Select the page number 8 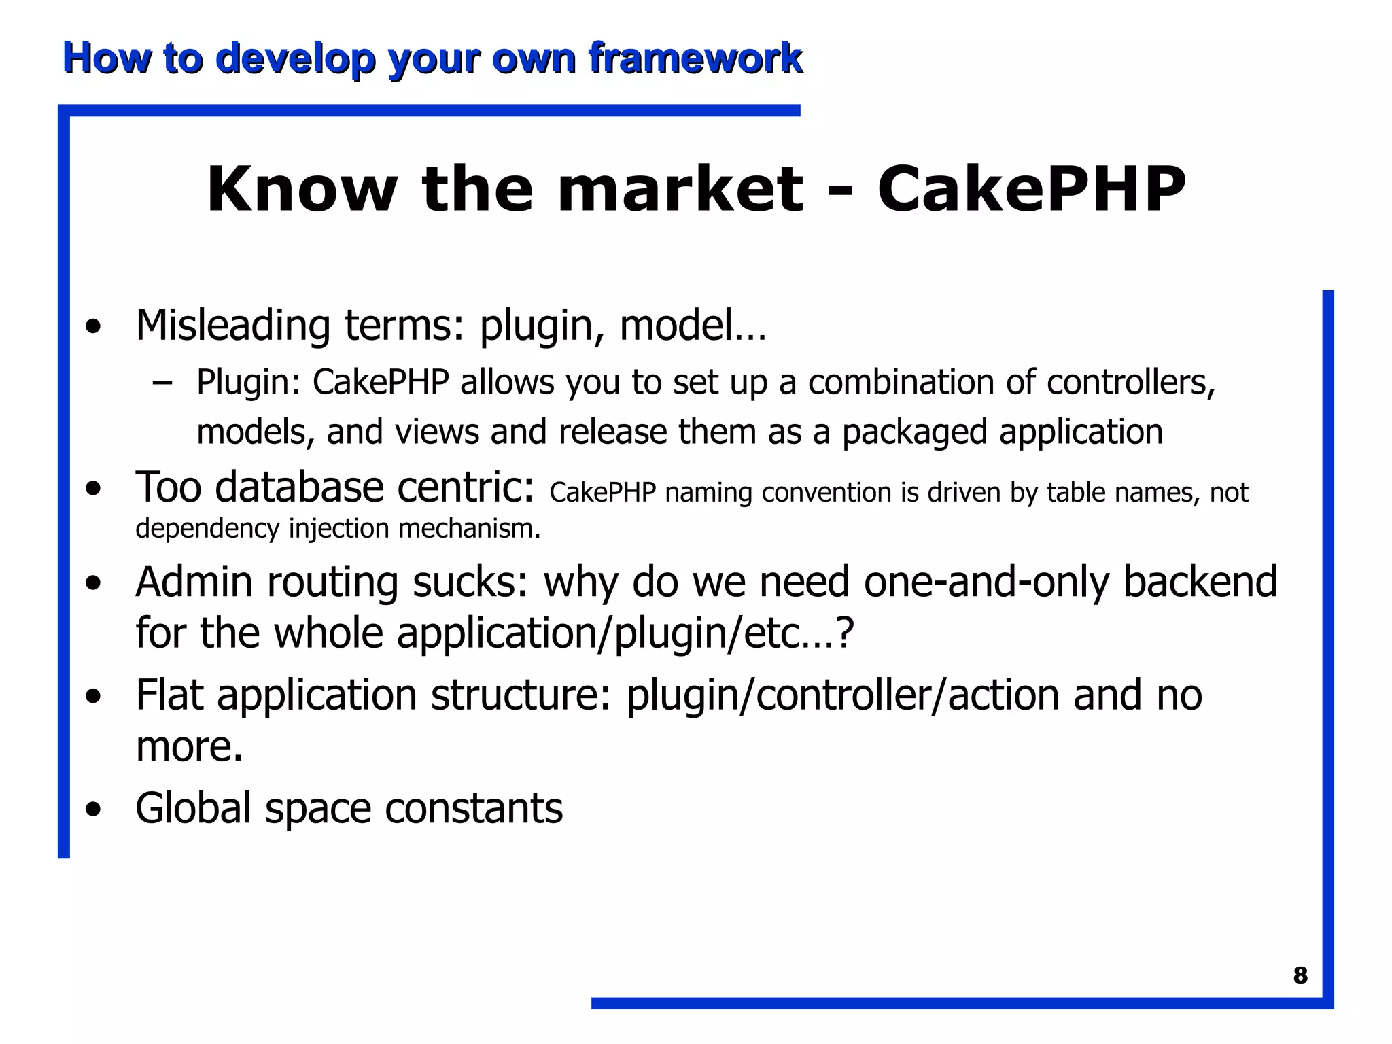pos(1300,975)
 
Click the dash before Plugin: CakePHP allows pos(162,383)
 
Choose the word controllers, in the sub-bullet pos(1130,382)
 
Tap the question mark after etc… pos(843,633)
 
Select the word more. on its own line pos(189,746)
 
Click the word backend pos(1200,582)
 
